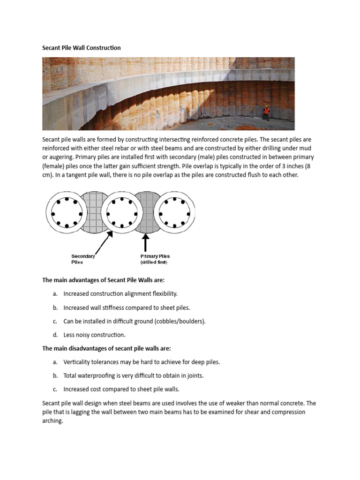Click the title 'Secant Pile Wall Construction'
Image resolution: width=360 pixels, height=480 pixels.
82,48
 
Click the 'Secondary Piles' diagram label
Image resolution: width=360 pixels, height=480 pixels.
83,259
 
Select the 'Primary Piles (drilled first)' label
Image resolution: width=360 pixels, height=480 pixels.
155,259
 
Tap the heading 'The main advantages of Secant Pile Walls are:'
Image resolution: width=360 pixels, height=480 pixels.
104,280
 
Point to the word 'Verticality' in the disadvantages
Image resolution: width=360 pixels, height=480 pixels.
78,362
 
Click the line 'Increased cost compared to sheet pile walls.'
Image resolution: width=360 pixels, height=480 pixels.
121,390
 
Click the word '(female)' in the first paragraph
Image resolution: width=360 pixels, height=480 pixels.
53,166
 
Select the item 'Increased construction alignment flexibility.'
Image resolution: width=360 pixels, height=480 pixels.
120,294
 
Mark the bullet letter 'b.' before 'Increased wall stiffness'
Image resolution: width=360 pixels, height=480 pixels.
55,308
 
